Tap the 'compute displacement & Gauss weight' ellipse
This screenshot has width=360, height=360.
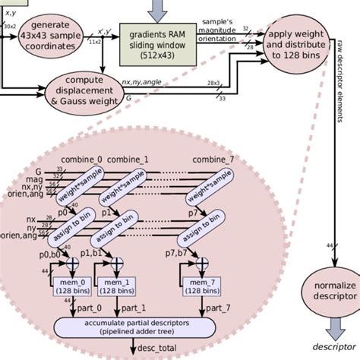tap(84, 88)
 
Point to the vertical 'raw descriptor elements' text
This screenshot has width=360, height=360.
tap(335, 107)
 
